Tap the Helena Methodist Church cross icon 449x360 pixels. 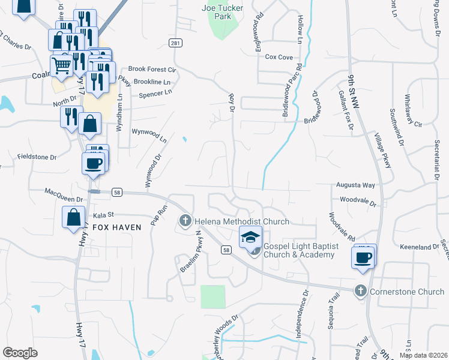click(185, 221)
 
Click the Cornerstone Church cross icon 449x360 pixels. click(360, 292)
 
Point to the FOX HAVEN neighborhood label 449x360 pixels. click(116, 227)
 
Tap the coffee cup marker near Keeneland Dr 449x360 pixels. click(364, 257)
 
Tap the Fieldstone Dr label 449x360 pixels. click(36, 157)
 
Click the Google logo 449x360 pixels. click(20, 353)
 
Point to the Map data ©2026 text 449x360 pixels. click(423, 355)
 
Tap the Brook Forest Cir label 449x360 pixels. click(152, 69)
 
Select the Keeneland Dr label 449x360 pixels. click(420, 247)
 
